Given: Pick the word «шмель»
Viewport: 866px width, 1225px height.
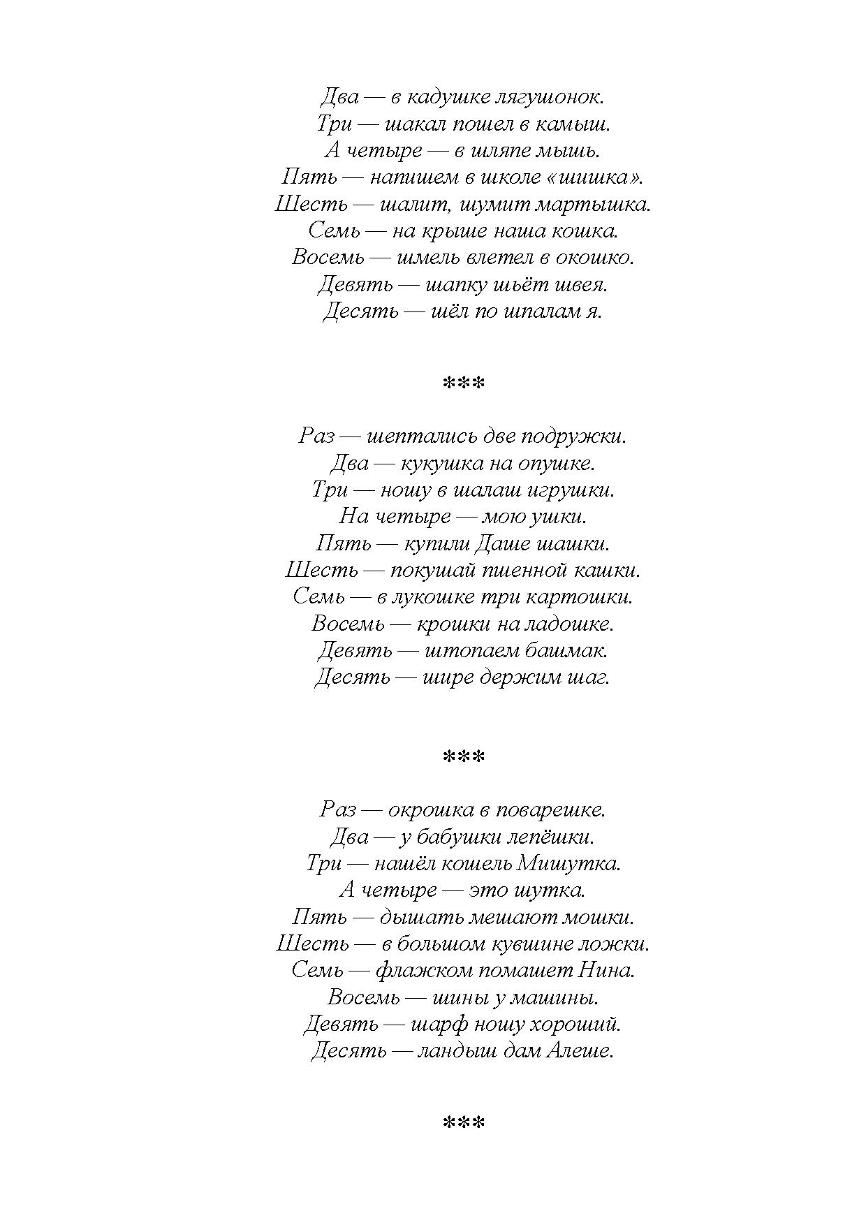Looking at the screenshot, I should [427, 258].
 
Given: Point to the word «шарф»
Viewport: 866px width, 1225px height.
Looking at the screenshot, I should [437, 1025].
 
